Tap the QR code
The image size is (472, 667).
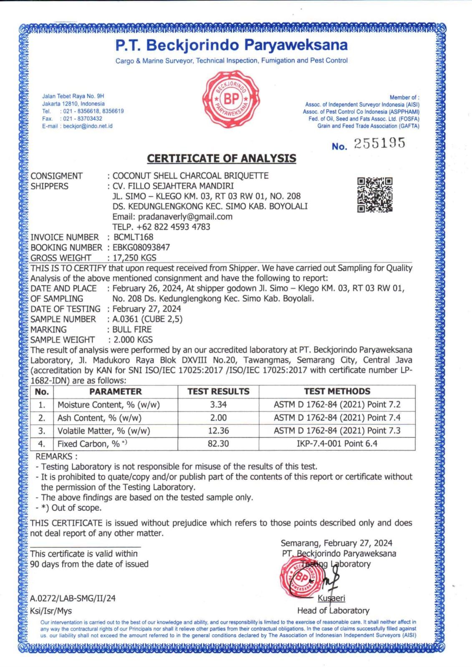(375, 195)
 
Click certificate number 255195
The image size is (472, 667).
(379, 144)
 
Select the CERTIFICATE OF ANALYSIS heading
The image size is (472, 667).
(222, 158)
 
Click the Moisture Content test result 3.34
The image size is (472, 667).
(218, 404)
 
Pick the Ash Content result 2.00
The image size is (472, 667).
(218, 418)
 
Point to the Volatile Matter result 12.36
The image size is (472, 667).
(218, 431)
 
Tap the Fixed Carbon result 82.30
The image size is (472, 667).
(218, 444)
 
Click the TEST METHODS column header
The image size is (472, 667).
(337, 391)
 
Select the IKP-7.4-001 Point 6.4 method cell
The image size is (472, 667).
(337, 444)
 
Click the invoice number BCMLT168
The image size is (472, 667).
(133, 237)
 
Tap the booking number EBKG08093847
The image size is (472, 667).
(141, 247)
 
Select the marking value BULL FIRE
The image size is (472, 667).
(132, 329)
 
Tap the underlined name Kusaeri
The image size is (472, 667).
(331, 599)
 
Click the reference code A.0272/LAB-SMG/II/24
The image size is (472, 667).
(73, 599)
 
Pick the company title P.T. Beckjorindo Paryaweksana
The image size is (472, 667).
(232, 45)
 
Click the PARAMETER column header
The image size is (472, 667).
(115, 391)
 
